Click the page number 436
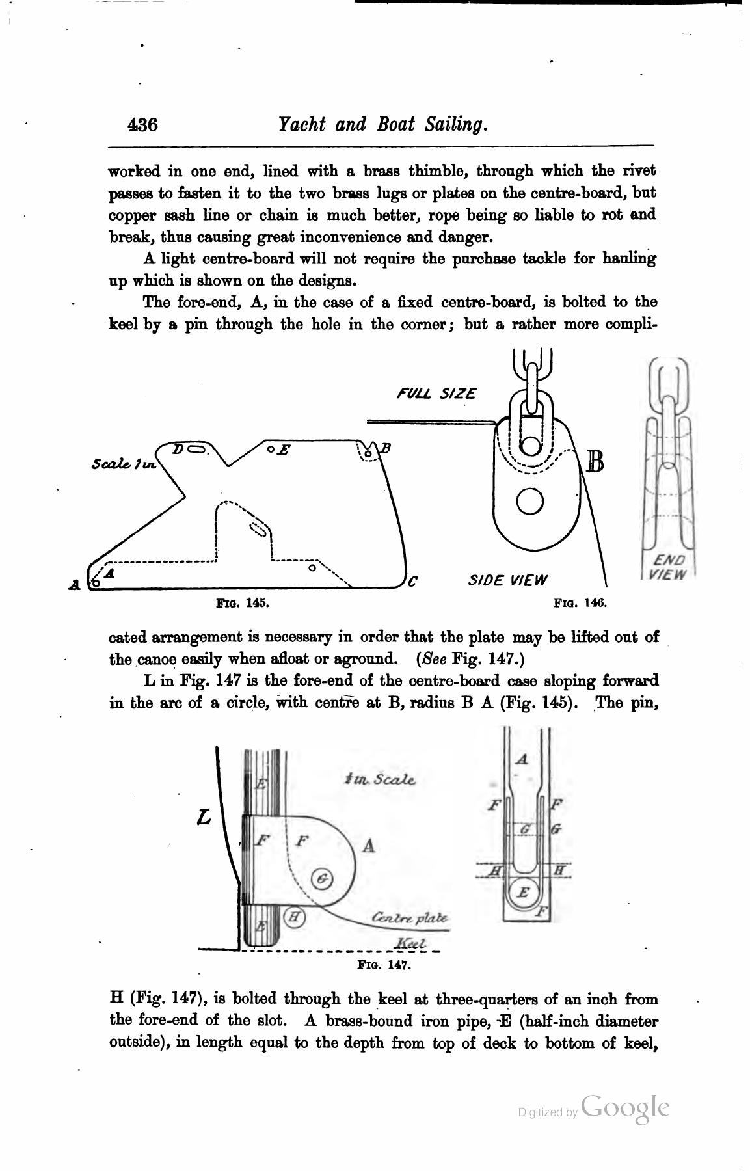tap(143, 124)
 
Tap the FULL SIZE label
tap(436, 394)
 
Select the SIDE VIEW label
tap(508, 580)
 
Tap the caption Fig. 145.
tap(242, 603)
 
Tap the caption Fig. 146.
tap(580, 603)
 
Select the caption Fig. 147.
tap(384, 965)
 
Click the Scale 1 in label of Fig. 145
tap(124, 464)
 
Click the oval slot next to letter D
tap(197, 448)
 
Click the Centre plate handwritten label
tap(409, 918)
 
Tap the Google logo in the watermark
tap(625, 1108)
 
